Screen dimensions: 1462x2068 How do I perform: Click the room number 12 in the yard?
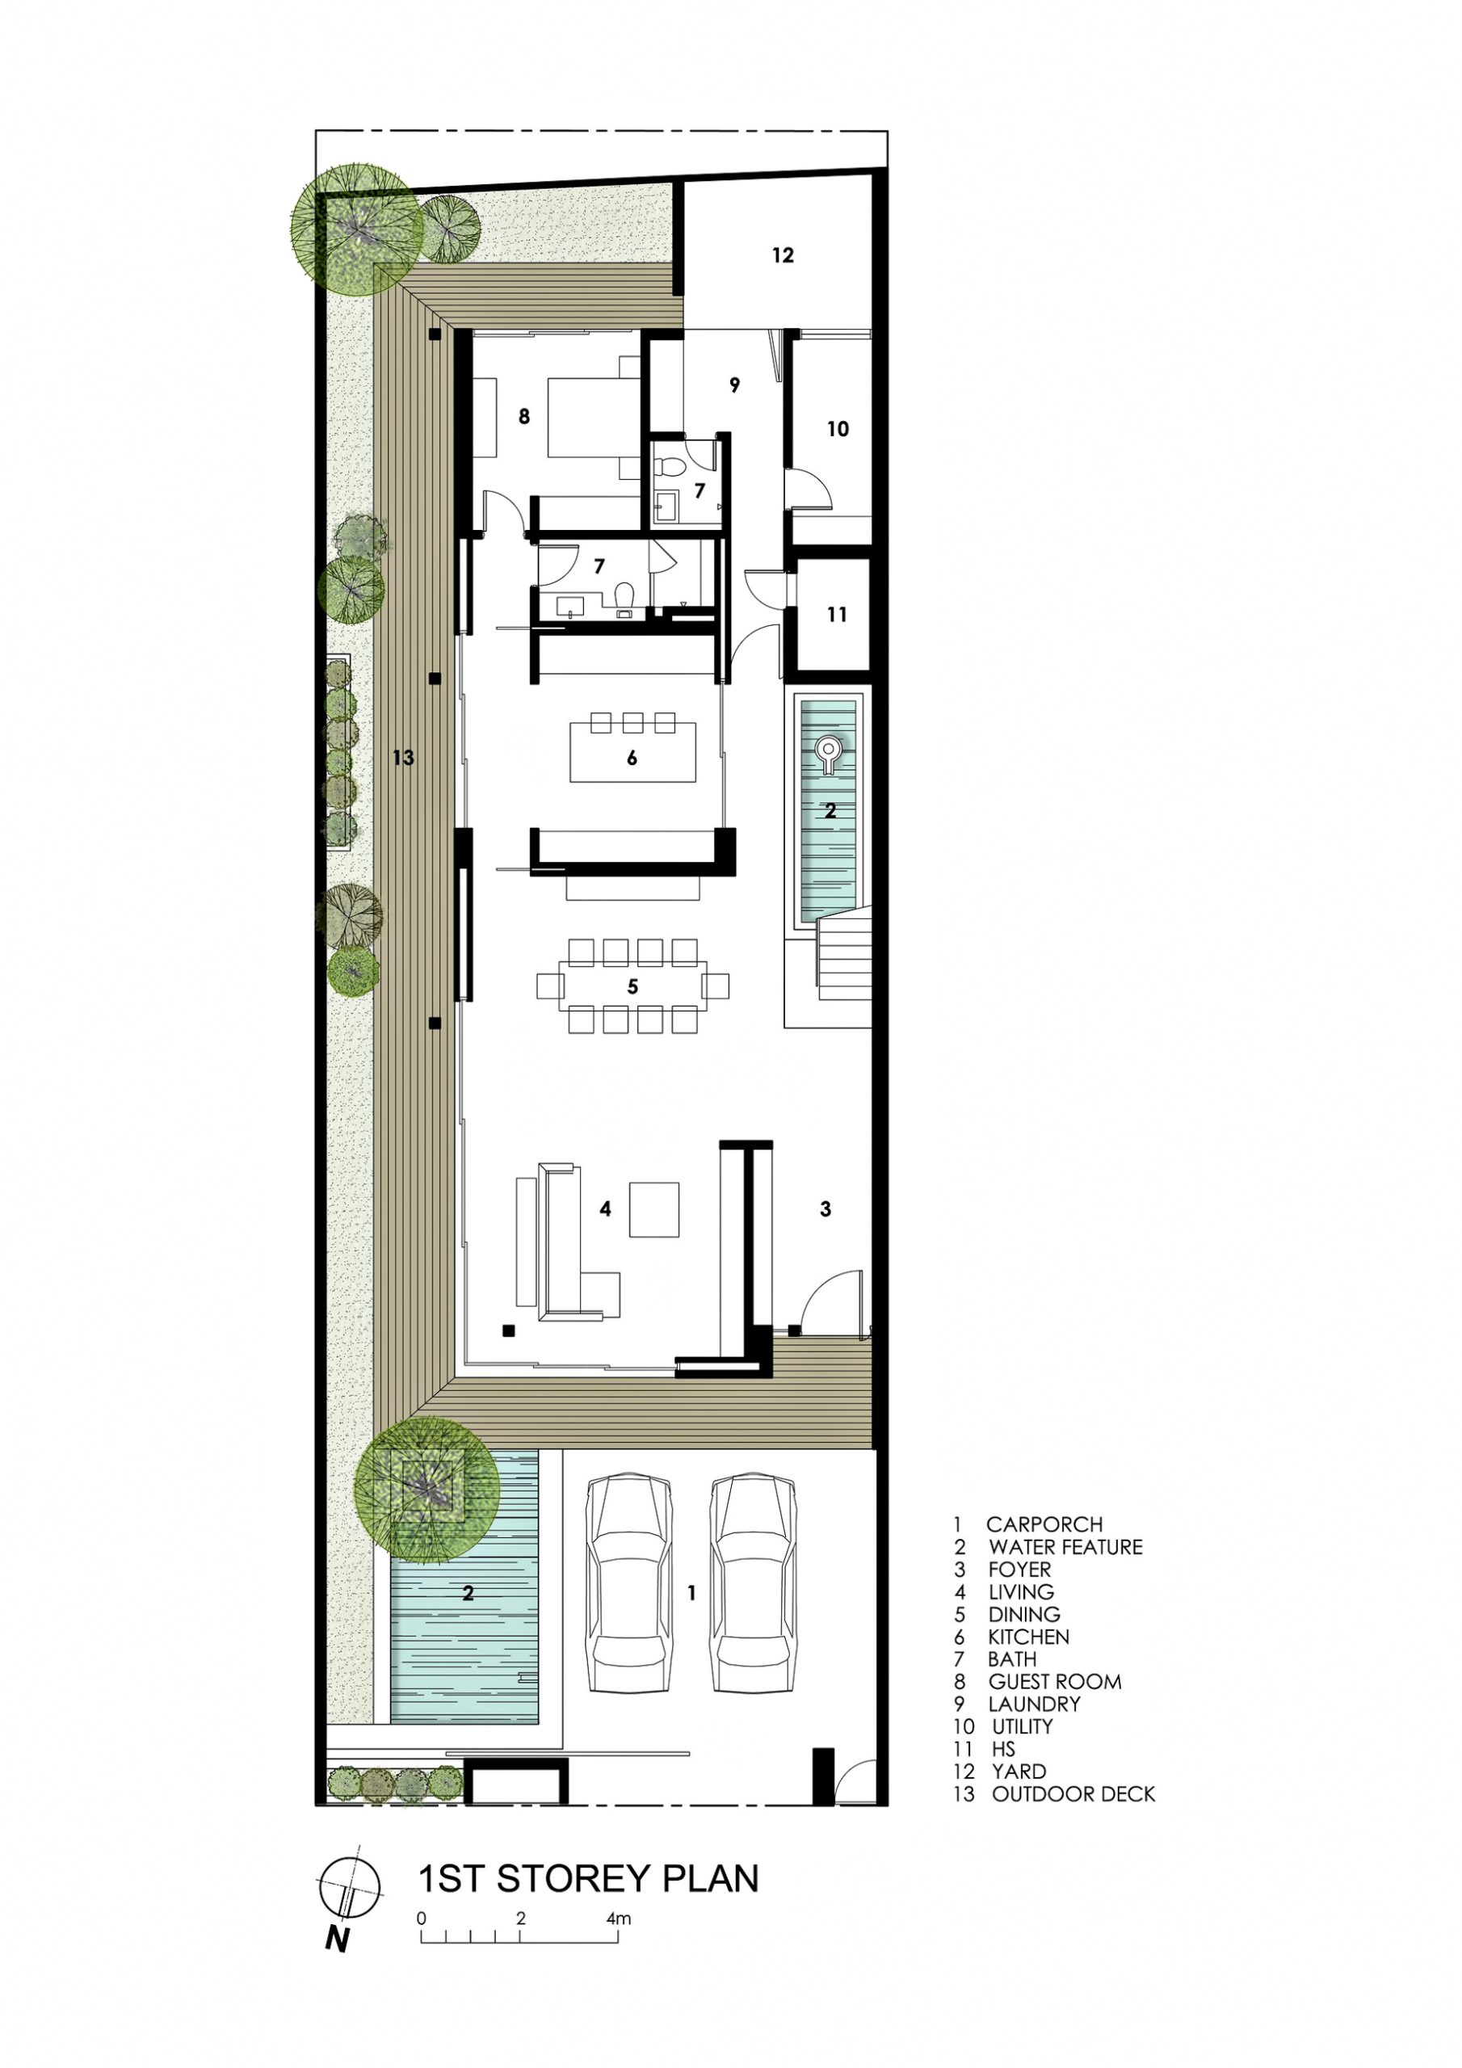783,256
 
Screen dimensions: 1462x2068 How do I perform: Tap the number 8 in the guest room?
523,416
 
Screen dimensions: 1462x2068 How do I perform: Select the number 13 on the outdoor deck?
403,758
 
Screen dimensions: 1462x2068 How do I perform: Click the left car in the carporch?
628,1583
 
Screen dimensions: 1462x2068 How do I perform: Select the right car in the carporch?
754,1583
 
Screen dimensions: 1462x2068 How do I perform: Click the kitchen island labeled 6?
632,750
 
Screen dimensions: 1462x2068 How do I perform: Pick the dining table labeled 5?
632,986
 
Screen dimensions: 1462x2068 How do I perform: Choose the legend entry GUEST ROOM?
1054,1682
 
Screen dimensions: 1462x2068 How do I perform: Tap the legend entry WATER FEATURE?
1065,1548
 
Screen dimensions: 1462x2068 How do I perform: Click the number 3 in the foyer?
826,1208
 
